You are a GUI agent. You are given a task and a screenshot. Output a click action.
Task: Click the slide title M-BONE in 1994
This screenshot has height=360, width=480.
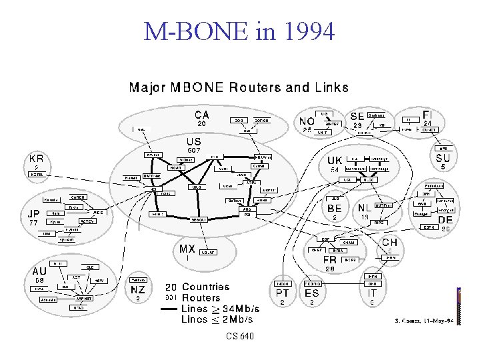(239, 31)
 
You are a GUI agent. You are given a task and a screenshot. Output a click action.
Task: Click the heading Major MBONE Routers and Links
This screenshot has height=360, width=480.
(238, 87)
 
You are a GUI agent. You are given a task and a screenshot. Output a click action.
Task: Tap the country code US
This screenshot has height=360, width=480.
(193, 142)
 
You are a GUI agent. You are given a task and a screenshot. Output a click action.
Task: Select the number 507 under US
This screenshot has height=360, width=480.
(193, 151)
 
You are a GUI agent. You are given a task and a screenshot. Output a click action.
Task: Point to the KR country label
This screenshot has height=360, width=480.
(37, 159)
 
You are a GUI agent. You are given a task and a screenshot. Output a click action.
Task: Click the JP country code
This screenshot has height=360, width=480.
(33, 213)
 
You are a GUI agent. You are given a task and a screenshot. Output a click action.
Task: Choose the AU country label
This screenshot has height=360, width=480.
(40, 271)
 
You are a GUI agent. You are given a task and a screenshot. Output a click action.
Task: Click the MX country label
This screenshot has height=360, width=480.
(187, 249)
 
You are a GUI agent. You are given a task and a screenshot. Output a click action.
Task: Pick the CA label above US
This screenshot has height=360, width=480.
(201, 115)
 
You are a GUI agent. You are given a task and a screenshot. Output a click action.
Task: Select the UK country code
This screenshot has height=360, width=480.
(335, 161)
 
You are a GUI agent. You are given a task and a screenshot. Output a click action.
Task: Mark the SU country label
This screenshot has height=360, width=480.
(443, 158)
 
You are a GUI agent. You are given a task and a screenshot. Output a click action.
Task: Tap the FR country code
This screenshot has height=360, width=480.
(330, 259)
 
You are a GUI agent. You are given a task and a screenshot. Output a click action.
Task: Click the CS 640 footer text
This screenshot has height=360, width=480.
(239, 337)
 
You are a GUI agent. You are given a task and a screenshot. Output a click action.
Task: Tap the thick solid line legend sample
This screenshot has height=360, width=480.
(175, 309)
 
